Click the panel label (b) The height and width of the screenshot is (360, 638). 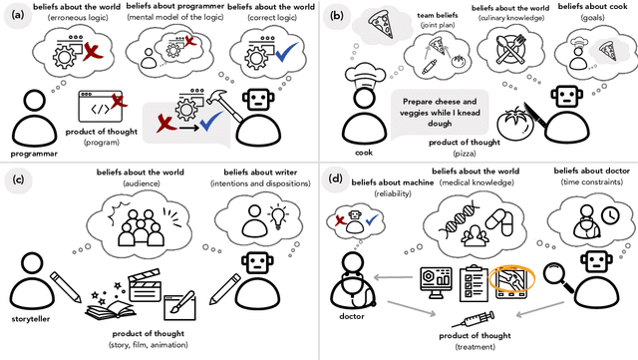coord(338,16)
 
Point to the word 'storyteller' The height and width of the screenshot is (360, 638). coord(37,321)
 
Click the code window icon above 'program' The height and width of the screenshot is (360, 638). coord(101,106)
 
